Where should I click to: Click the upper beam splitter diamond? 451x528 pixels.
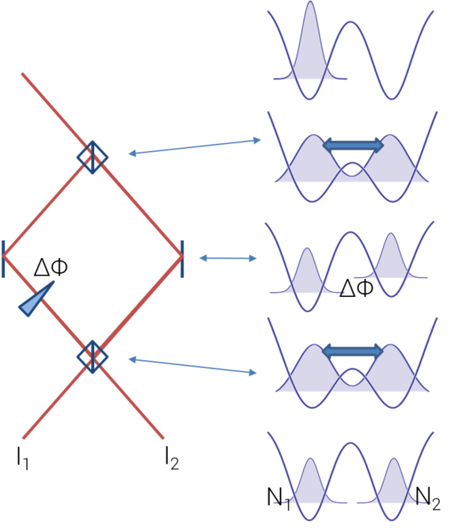pyautogui.click(x=93, y=158)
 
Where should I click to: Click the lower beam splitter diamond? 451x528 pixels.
pyautogui.click(x=93, y=356)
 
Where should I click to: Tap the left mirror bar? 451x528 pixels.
pyautogui.click(x=3, y=259)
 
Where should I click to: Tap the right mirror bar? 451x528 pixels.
pyautogui.click(x=182, y=259)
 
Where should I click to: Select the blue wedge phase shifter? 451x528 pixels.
pyautogui.click(x=36, y=300)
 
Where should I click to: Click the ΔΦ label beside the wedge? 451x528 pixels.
pyautogui.click(x=51, y=268)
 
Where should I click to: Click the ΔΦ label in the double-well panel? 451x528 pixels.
pyautogui.click(x=356, y=288)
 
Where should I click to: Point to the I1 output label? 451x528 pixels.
pyautogui.click(x=22, y=458)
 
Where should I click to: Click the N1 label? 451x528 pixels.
pyautogui.click(x=279, y=499)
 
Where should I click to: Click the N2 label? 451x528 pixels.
pyautogui.click(x=428, y=499)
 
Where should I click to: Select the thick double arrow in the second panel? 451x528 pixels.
pyautogui.click(x=353, y=145)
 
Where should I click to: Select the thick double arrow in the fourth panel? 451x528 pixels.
pyautogui.click(x=353, y=351)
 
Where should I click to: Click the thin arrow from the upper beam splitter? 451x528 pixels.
pyautogui.click(x=195, y=146)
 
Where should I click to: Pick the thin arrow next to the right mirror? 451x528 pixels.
pyautogui.click(x=228, y=258)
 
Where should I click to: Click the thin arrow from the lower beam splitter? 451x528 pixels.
pyautogui.click(x=193, y=366)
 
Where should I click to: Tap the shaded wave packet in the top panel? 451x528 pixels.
pyautogui.click(x=310, y=51)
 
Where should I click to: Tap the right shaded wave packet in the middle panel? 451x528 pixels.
pyautogui.click(x=390, y=260)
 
